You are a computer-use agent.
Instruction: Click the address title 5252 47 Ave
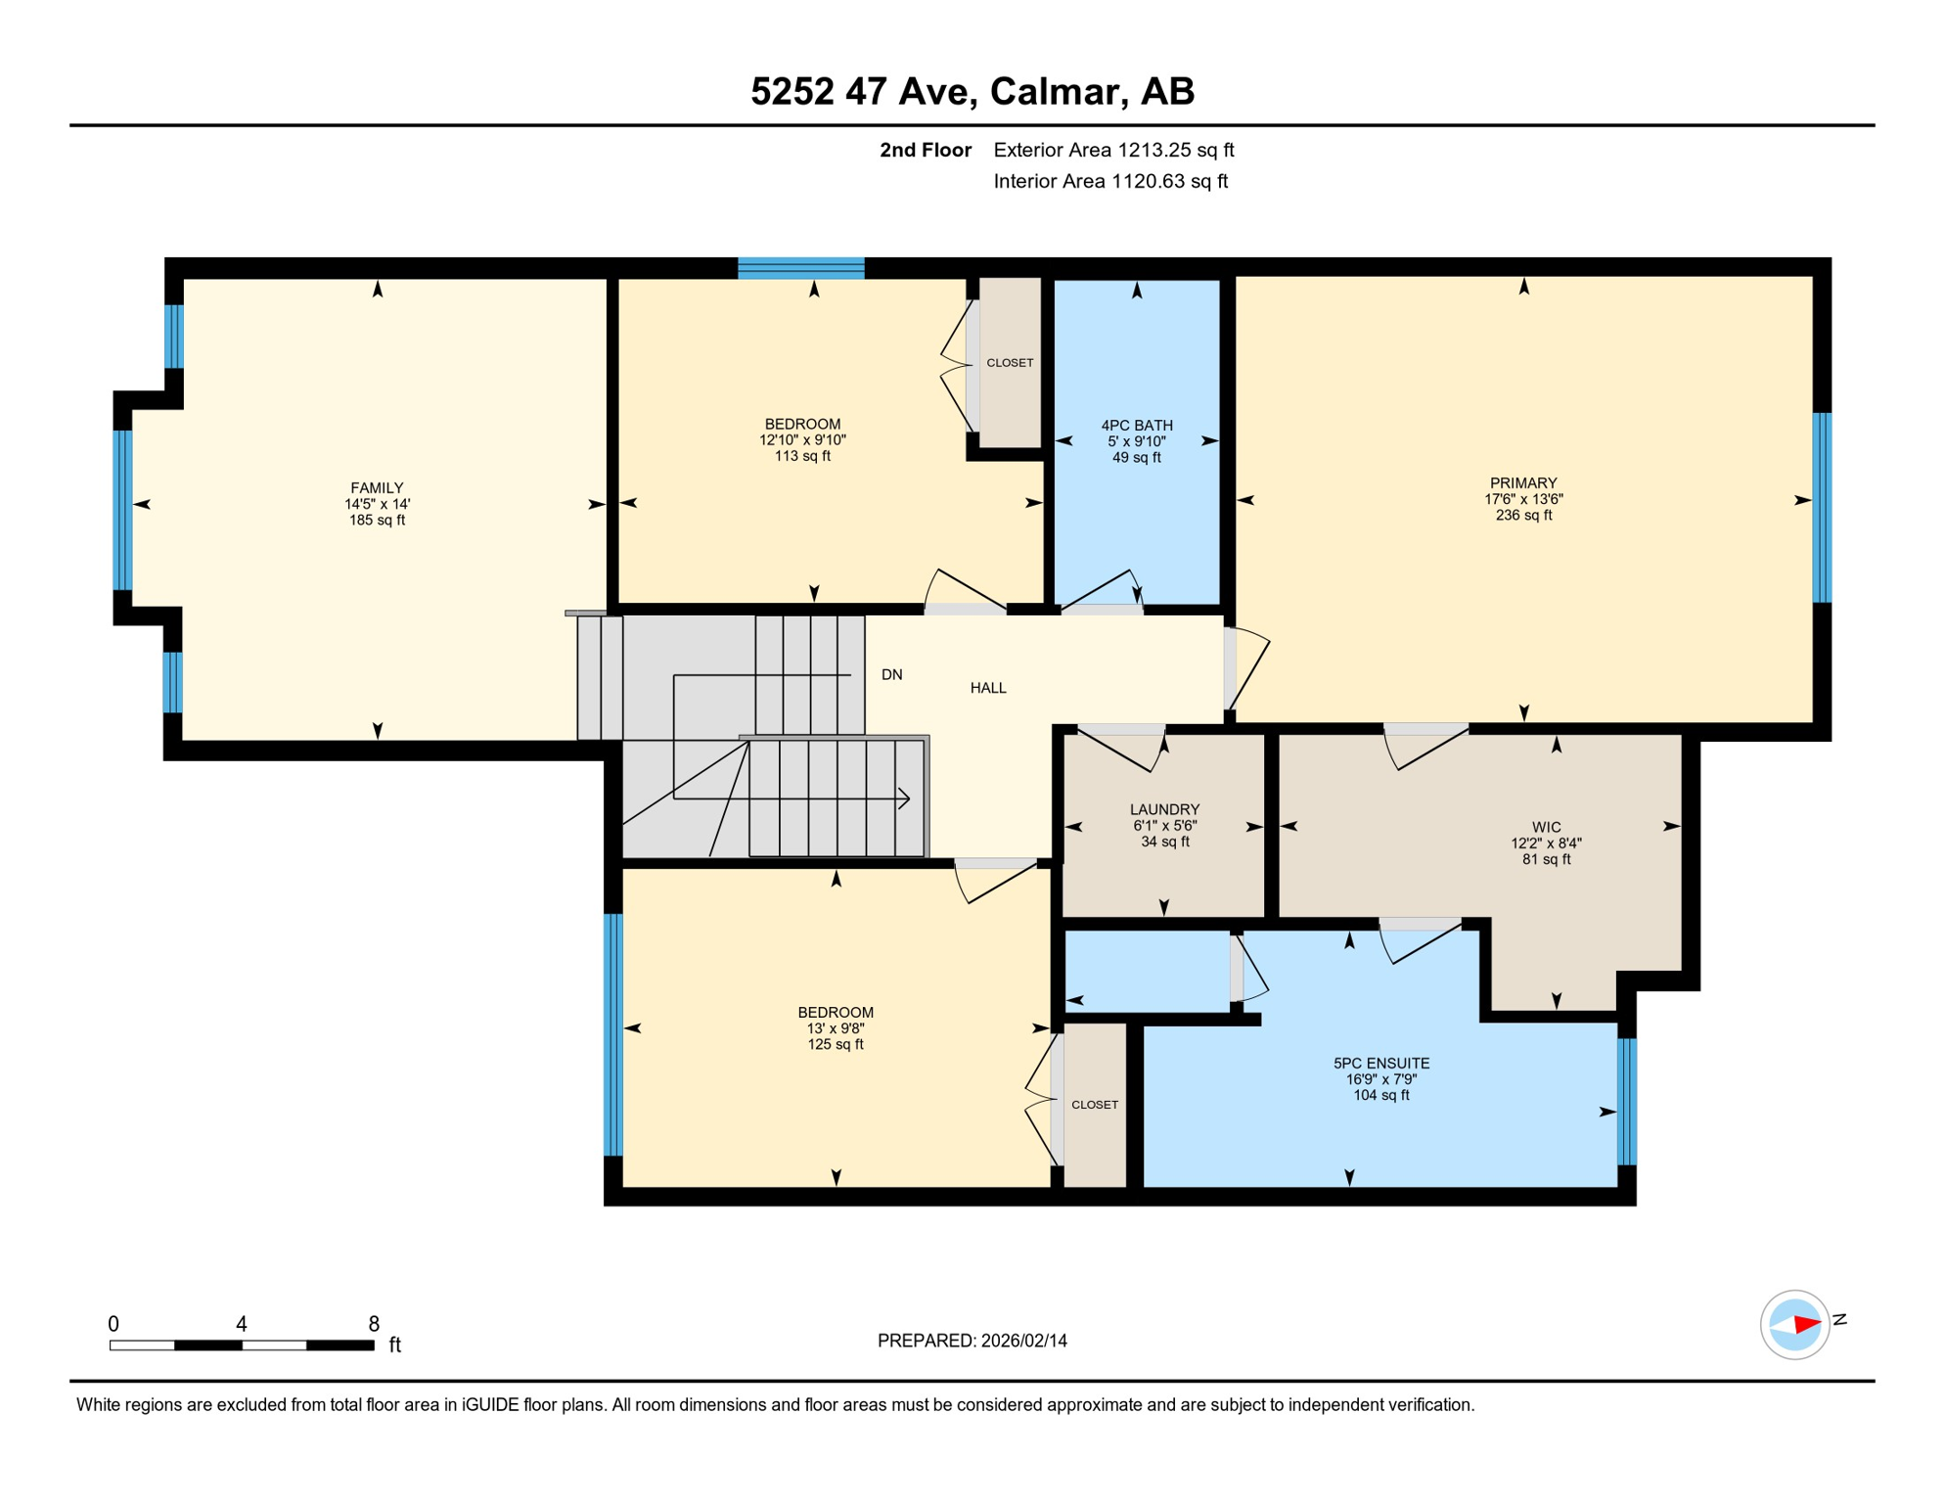pos(972,91)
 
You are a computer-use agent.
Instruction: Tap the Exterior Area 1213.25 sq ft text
pos(1113,150)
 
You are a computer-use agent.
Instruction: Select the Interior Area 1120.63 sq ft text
pos(1110,181)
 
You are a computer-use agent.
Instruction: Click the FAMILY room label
pos(377,487)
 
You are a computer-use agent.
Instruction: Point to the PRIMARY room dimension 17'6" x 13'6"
pos(1523,499)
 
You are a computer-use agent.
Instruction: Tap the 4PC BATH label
pos(1136,425)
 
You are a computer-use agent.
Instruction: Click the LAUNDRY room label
pos(1164,809)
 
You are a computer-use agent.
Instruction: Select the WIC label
pos(1546,827)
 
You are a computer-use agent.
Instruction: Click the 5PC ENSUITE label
pos(1381,1063)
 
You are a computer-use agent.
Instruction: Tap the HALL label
pos(988,688)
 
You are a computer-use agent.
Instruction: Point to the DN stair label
pos(891,674)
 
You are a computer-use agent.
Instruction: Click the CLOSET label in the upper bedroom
pos(1010,363)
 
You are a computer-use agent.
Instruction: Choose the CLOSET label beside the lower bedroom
pos(1095,1105)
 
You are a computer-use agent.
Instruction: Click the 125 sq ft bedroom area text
pos(836,1044)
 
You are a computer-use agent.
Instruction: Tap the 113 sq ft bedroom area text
pos(802,456)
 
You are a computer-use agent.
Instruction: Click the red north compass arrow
pos(1806,1324)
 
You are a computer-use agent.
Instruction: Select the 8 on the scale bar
pos(374,1324)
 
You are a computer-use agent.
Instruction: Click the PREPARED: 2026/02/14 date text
pos(972,1341)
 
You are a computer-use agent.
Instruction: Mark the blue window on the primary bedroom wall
pos(1822,507)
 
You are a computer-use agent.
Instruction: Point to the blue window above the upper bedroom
pos(800,268)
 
